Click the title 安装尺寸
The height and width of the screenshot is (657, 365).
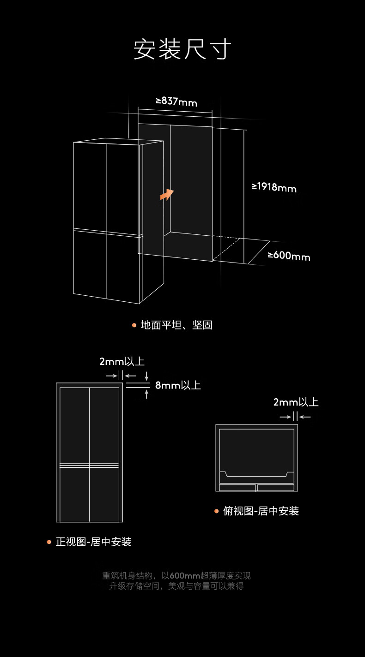[182, 49]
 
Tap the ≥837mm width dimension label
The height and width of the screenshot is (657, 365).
[176, 102]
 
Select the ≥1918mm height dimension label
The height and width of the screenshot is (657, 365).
[274, 187]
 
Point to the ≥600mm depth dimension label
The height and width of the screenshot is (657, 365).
[289, 256]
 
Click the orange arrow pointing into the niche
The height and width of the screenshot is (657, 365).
[167, 194]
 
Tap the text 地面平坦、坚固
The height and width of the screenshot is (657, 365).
[176, 325]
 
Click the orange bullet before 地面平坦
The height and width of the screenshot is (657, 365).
[134, 325]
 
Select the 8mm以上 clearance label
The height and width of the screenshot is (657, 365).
[178, 385]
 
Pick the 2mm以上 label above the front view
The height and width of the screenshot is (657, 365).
[122, 361]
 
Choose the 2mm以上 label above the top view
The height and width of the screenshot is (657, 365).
[296, 402]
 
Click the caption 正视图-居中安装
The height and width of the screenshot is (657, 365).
[93, 542]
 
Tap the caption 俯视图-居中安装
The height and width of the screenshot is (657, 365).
[261, 511]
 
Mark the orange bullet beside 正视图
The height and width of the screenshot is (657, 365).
[49, 542]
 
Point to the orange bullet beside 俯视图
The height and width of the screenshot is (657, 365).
[216, 511]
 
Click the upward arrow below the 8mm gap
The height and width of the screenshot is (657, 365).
[146, 394]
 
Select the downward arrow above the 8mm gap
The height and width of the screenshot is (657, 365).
[146, 376]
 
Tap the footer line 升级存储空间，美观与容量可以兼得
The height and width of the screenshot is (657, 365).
[176, 586]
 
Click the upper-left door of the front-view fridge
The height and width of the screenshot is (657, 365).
[74, 425]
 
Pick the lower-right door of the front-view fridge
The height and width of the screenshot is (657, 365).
[104, 495]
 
